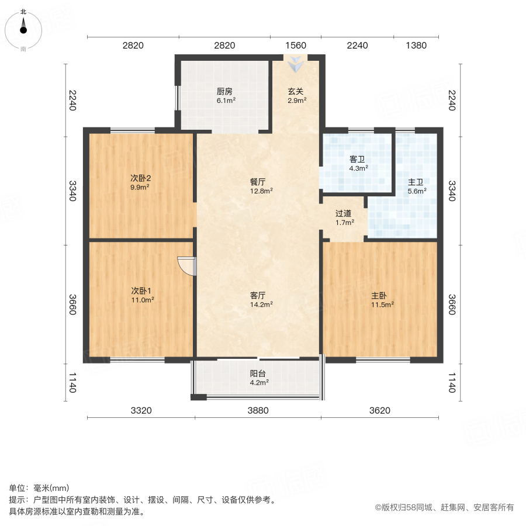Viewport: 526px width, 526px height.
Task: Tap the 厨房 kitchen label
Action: (225, 92)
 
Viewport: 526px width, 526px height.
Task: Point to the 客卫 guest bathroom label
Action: (358, 159)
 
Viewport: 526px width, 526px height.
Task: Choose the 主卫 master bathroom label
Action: (417, 182)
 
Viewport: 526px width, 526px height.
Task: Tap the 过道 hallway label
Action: (344, 213)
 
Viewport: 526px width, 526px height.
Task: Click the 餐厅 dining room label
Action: (258, 181)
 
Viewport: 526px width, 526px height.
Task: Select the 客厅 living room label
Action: (258, 295)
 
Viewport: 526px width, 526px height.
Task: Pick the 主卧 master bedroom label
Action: (380, 295)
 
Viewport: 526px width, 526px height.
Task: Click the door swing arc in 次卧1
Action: (186, 267)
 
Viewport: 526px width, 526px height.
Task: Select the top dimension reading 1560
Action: (295, 46)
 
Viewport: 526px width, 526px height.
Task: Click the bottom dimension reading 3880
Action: (258, 410)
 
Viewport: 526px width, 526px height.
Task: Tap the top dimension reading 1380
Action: (416, 46)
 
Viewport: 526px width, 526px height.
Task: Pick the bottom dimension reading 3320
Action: (141, 410)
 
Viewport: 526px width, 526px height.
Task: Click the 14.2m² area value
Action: (258, 304)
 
